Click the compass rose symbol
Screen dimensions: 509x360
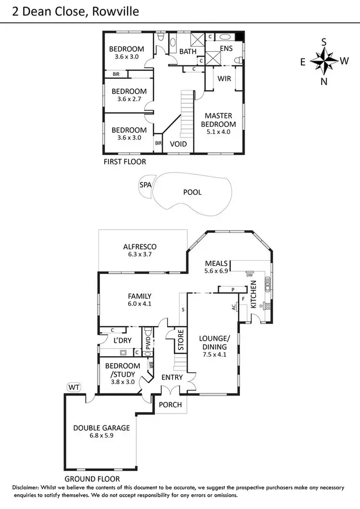tap(324, 61)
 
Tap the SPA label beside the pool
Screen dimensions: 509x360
tap(144, 185)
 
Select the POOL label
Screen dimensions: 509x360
tap(192, 192)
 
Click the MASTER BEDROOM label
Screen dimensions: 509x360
tap(218, 120)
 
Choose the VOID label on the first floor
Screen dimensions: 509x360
tap(178, 144)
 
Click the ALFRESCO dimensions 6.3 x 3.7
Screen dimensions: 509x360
tap(140, 254)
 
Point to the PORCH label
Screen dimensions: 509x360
tap(170, 405)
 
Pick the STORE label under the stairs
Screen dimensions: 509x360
tap(181, 339)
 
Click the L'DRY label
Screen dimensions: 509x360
tap(122, 340)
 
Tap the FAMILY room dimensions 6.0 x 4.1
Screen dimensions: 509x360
tap(140, 303)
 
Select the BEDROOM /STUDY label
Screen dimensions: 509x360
tap(123, 370)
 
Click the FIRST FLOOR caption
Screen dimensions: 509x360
tap(125, 162)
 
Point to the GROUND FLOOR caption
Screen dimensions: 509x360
tap(92, 479)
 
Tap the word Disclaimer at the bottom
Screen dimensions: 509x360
tap(30, 487)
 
